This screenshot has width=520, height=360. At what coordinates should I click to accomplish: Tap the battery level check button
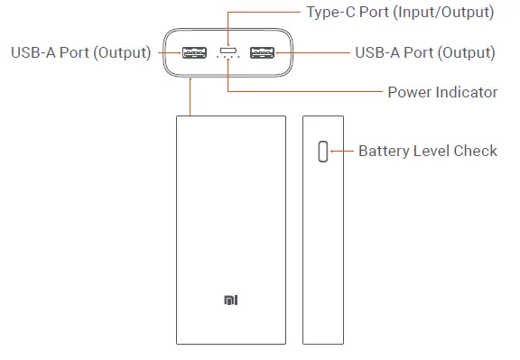(322, 152)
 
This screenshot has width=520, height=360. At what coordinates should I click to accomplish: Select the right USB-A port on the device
(262, 52)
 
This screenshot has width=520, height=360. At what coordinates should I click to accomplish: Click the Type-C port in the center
(227, 51)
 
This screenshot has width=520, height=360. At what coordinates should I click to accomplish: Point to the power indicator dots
(227, 62)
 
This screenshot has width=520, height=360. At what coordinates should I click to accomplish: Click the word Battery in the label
(385, 151)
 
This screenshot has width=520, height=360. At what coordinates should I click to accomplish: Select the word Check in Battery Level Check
(476, 151)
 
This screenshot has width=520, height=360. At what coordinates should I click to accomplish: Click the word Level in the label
(432, 151)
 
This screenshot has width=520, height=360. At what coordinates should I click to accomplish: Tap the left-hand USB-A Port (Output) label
(80, 52)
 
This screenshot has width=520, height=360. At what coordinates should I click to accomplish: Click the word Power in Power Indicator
(408, 92)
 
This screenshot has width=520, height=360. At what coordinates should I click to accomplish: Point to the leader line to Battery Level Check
(342, 151)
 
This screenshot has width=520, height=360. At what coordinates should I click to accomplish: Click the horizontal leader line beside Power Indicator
(307, 91)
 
